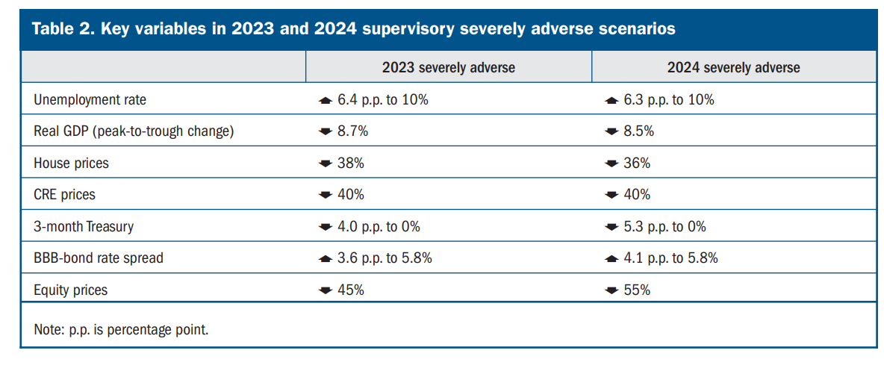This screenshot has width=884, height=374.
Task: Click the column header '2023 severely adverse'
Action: click(x=448, y=68)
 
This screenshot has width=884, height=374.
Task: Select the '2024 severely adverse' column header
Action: click(x=733, y=68)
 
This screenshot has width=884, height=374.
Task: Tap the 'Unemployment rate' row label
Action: click(x=90, y=100)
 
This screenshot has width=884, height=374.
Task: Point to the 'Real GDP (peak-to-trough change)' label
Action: click(x=132, y=131)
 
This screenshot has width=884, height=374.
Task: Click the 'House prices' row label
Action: click(x=71, y=163)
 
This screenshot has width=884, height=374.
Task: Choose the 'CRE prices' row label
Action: click(x=65, y=195)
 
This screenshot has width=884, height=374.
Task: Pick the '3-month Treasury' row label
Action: click(x=84, y=227)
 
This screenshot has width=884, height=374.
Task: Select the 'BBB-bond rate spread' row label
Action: click(x=99, y=258)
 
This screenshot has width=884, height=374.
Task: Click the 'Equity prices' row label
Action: click(x=70, y=290)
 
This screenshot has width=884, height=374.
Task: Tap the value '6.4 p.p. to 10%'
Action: click(x=383, y=101)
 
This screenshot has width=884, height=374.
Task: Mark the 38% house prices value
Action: click(x=351, y=163)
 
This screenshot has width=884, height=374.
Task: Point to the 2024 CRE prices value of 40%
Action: click(x=636, y=195)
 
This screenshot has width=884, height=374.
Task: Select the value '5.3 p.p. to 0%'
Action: click(x=664, y=227)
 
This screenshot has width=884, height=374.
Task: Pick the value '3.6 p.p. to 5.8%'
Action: click(x=385, y=258)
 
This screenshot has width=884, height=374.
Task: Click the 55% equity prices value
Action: click(x=636, y=290)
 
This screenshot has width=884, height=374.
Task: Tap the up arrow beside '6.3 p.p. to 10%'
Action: click(x=611, y=101)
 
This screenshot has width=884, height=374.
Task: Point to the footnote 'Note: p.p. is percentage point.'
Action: click(x=121, y=329)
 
